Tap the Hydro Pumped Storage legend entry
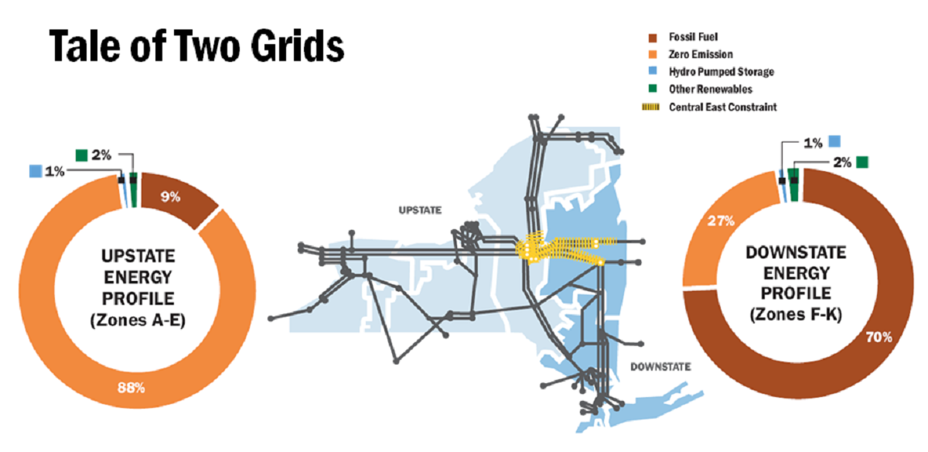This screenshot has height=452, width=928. coord(713,72)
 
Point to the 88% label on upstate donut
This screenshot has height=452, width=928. coord(131,388)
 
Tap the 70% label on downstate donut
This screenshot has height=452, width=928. coord(879,337)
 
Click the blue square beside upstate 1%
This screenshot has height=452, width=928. coord(34,170)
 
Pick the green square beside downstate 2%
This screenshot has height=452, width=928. coord(862,161)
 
